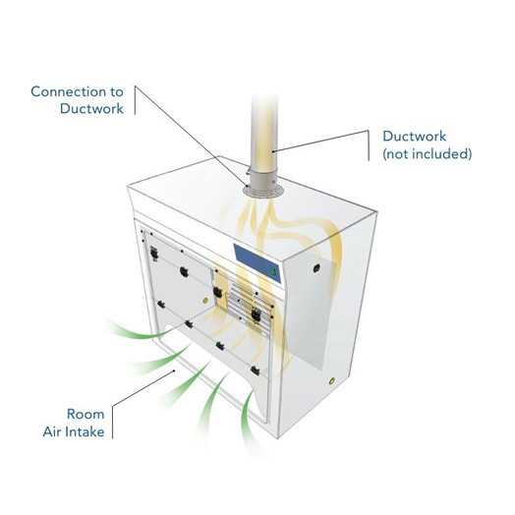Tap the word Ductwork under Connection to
tap(91, 109)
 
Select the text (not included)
tap(428, 153)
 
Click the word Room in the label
tap(86, 414)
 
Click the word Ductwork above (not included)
tap(415, 137)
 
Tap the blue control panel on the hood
tap(257, 262)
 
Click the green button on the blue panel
tap(273, 271)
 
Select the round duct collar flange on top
tap(263, 191)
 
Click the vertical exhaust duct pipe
tap(264, 138)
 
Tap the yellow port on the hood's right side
tap(332, 381)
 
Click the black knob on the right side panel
tap(316, 268)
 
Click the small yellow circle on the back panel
tap(206, 300)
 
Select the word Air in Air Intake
tap(51, 431)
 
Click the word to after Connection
tap(117, 92)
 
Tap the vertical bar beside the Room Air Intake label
tap(112, 423)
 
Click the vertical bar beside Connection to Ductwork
tap(135, 100)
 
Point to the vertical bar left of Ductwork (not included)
tap(369, 145)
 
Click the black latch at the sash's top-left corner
tap(153, 254)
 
